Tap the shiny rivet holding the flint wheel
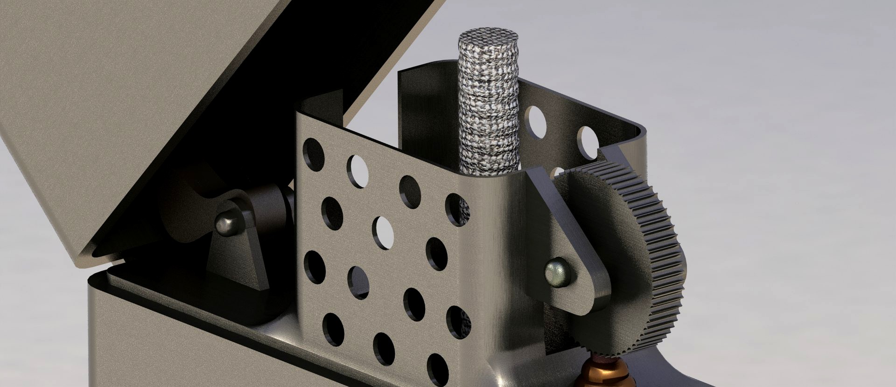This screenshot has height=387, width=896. point(557,272)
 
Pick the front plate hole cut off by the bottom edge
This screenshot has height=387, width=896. point(437,371)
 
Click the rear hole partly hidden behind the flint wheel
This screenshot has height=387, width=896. point(556,173)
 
